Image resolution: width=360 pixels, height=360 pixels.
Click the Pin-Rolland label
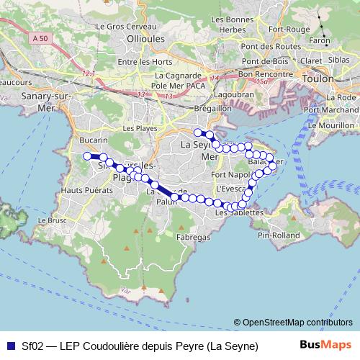274,234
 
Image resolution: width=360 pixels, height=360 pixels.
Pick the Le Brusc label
53,220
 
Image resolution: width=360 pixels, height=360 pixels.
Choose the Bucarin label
94,139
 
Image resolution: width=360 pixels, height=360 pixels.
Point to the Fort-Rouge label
284,30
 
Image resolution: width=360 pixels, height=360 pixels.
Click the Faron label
319,42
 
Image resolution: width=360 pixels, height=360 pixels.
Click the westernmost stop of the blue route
86,156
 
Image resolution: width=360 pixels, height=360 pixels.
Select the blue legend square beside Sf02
9,346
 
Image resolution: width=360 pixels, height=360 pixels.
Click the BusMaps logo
325,345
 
